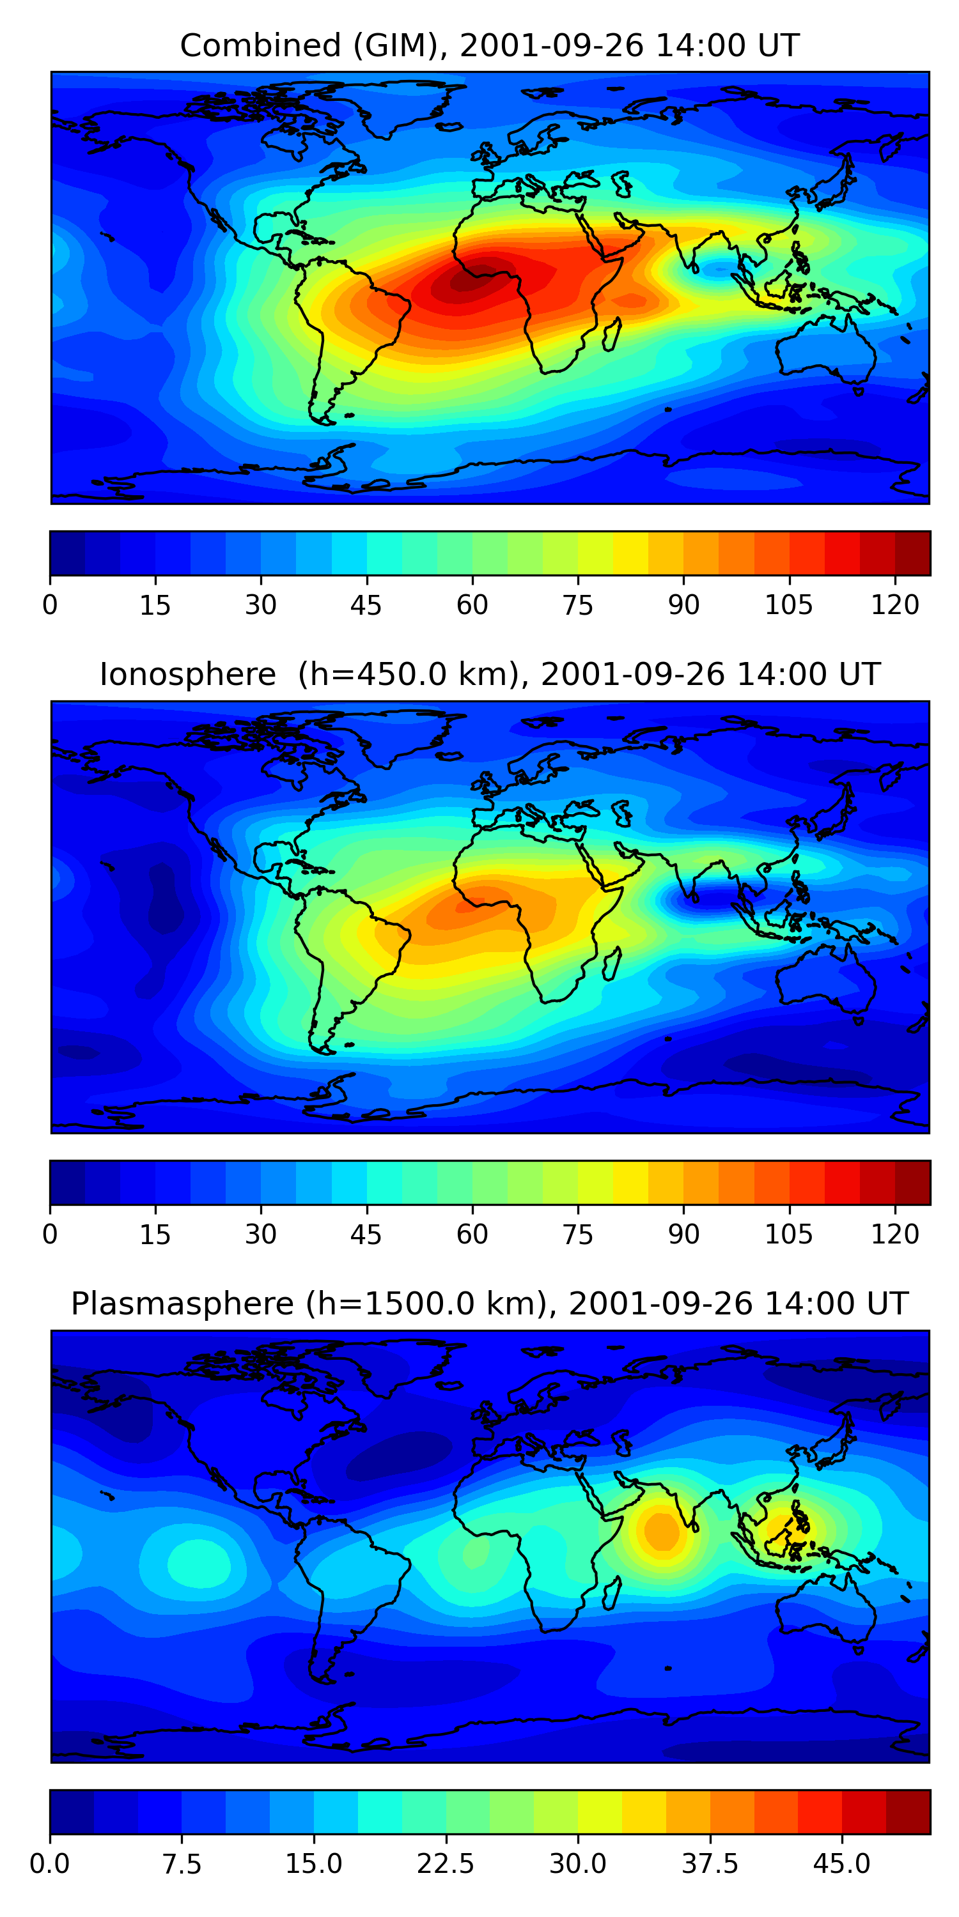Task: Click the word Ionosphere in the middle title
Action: pos(187,675)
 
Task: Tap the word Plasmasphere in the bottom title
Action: pos(182,1304)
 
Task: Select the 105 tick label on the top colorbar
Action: pos(789,605)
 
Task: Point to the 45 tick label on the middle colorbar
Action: pos(366,1234)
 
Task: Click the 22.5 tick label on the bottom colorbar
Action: pos(445,1863)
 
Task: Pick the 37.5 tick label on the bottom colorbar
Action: pos(710,1863)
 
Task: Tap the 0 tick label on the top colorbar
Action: pos(50,605)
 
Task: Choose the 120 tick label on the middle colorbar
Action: pos(895,1234)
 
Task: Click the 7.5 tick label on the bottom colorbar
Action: pos(182,1863)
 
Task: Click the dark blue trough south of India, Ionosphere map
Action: pos(707,899)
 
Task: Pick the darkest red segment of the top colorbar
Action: pos(913,553)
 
